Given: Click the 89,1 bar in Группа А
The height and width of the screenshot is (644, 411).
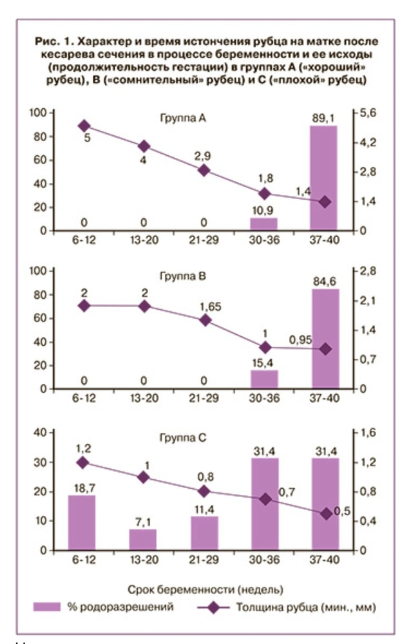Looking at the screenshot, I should tap(323, 178).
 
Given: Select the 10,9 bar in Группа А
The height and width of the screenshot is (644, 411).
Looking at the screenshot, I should tap(263, 223).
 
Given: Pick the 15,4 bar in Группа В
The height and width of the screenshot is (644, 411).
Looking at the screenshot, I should tap(263, 379).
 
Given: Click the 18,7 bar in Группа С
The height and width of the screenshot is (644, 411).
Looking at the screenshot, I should tap(82, 522).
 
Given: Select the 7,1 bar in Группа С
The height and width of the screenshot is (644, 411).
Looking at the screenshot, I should tap(143, 540).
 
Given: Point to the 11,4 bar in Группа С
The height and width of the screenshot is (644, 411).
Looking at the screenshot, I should tap(204, 533).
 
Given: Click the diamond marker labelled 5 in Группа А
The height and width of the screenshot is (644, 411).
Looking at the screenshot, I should tap(84, 126).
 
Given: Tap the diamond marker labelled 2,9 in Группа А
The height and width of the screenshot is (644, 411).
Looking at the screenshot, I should tap(204, 170).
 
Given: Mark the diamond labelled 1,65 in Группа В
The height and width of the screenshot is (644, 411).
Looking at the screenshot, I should tap(204, 319).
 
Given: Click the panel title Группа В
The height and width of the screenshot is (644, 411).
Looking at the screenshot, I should tap(183, 277).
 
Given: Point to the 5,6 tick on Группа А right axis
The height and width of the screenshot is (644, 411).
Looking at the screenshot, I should tap(368, 113).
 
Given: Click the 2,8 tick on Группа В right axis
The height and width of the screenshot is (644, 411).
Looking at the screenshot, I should tap(368, 271).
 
